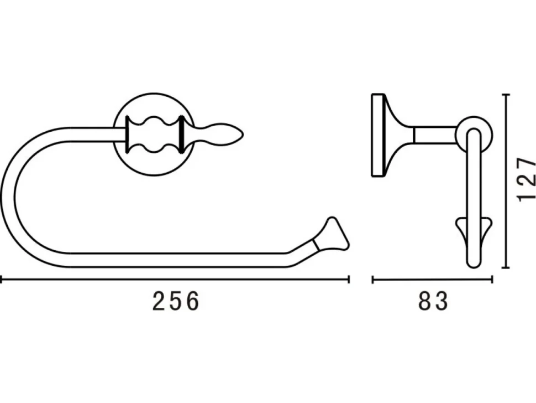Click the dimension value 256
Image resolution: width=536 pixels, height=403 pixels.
coord(175,301)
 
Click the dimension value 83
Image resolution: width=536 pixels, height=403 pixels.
coord(433,301)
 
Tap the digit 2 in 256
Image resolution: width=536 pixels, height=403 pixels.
coord(159,301)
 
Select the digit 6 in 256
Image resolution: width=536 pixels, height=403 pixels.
coord(192,301)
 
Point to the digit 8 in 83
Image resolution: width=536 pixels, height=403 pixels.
coord(425,301)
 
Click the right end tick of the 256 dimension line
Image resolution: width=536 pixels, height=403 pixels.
coord(348,280)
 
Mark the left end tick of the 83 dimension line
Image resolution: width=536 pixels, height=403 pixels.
coord(372,280)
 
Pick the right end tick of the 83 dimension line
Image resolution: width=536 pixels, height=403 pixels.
coord(492,280)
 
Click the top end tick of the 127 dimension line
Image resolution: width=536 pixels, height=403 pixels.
coord(507,94)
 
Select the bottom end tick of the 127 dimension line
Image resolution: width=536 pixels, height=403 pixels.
coord(507,267)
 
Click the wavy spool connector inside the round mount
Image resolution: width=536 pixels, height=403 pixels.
coord(154,134)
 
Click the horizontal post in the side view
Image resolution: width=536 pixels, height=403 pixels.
coord(435,135)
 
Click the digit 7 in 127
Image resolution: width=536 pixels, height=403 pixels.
coord(527,164)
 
